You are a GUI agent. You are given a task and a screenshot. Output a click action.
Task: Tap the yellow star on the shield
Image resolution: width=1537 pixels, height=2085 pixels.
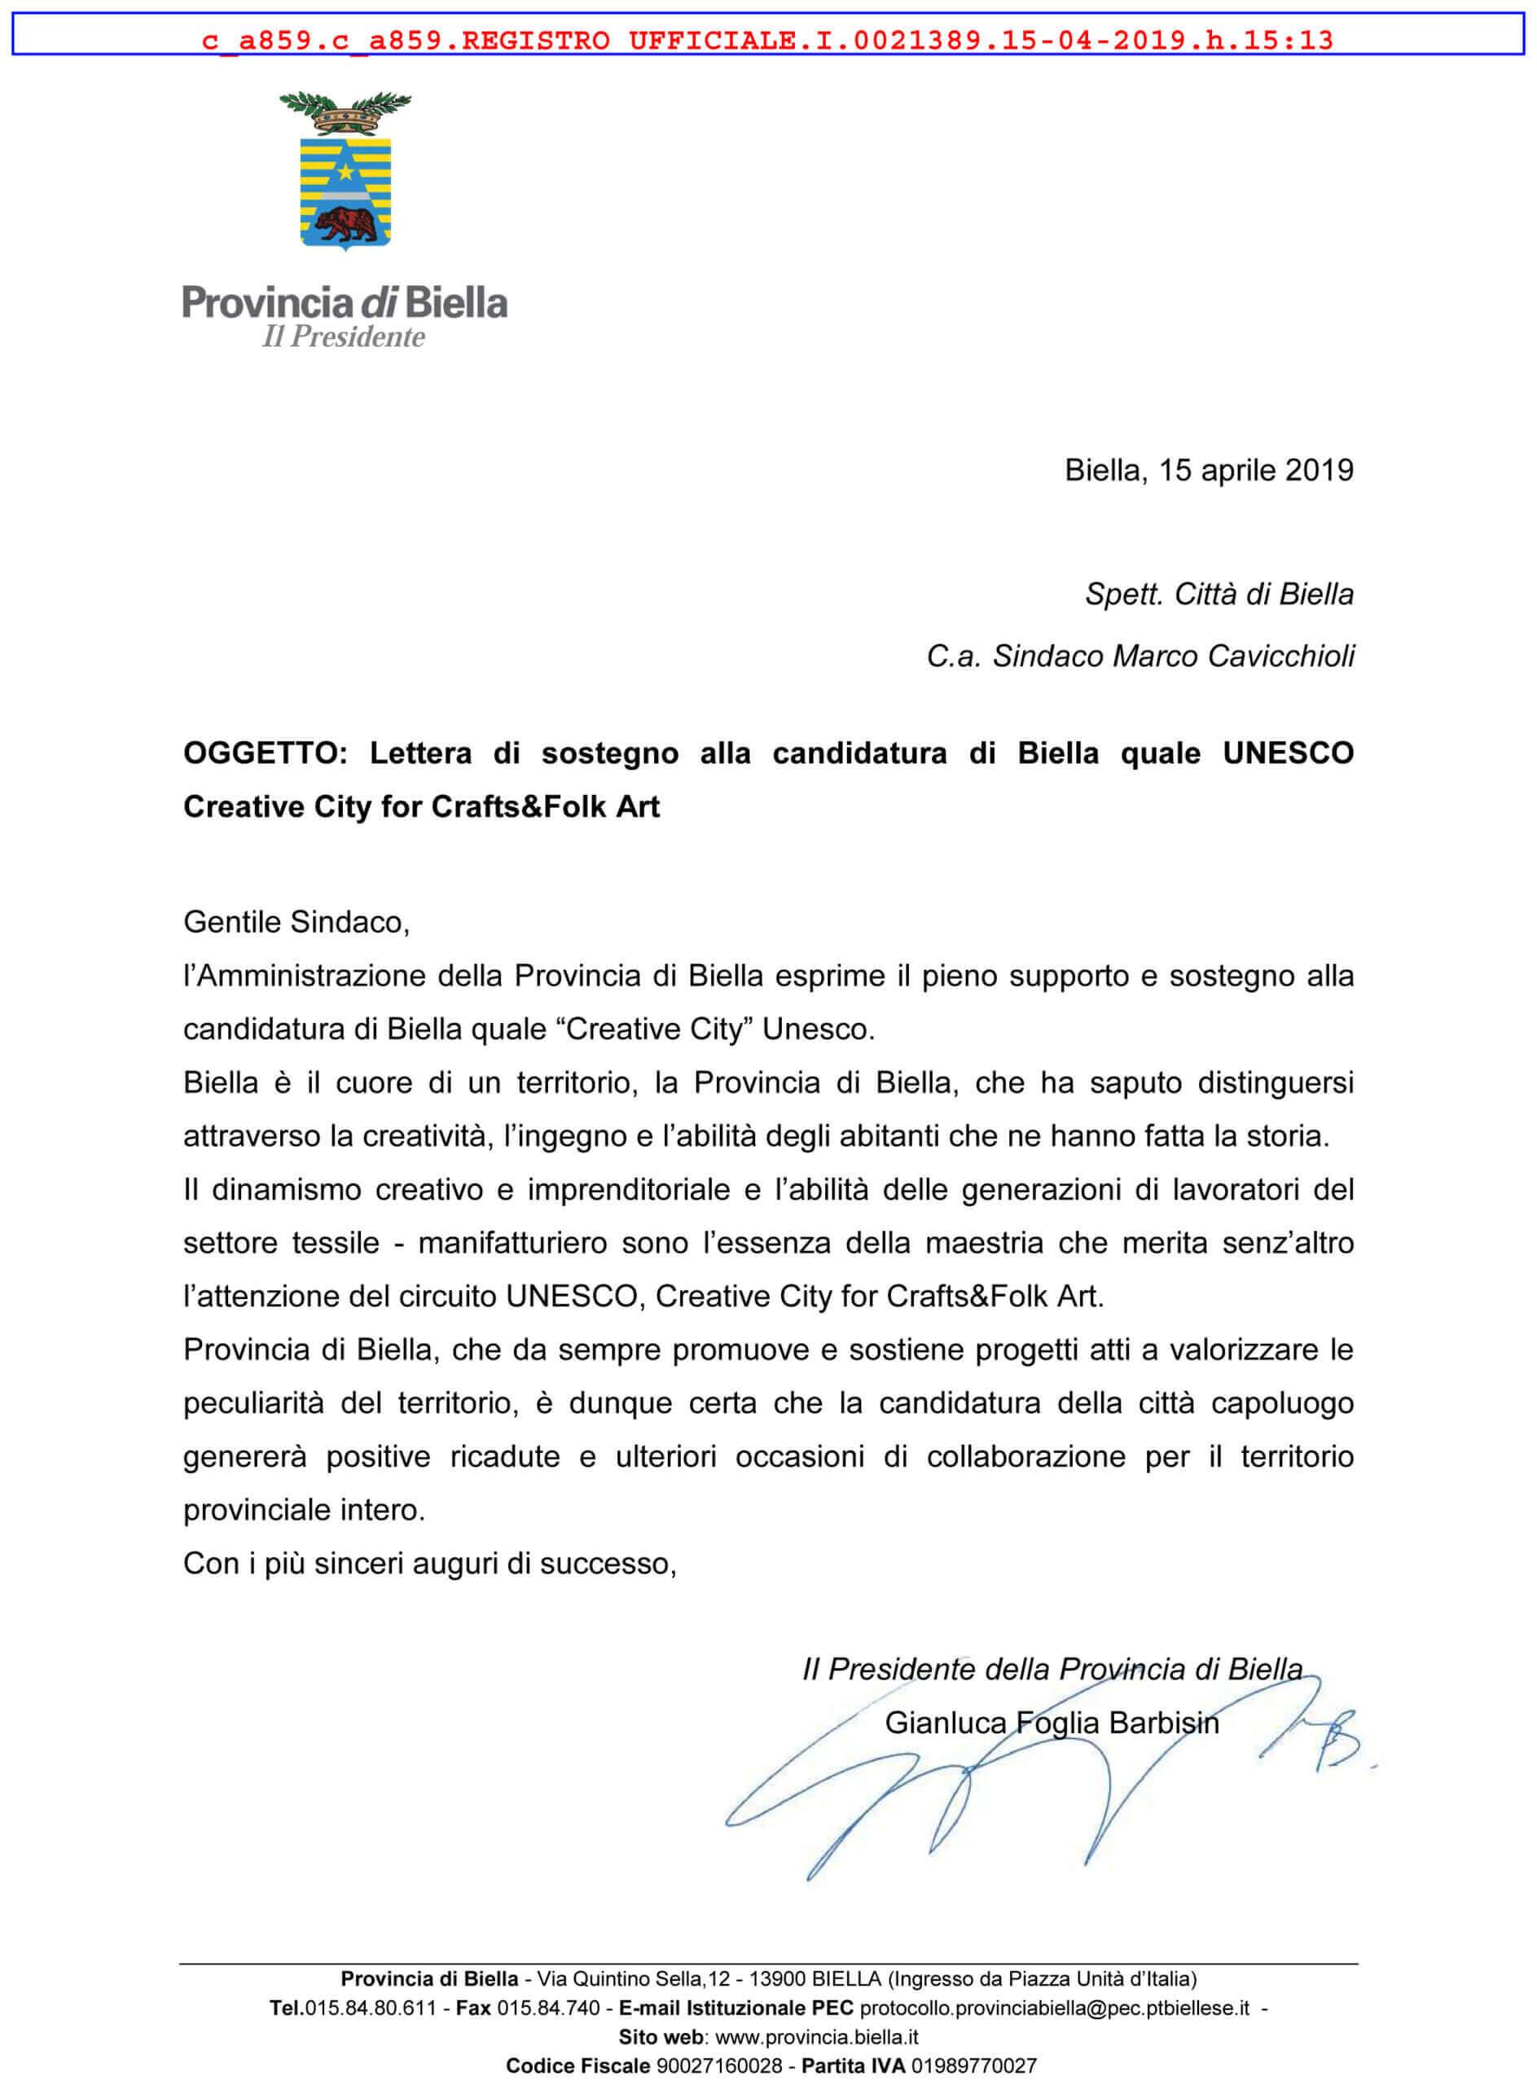(x=345, y=172)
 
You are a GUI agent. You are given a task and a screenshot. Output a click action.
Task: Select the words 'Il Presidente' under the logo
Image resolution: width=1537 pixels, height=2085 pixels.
(x=343, y=337)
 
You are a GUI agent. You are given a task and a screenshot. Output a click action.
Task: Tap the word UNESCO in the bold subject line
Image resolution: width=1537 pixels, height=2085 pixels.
(x=1288, y=753)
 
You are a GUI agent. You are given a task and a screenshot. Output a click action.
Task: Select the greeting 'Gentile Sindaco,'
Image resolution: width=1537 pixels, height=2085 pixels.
(x=296, y=922)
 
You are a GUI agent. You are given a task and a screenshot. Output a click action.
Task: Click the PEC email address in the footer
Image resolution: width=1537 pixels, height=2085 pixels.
(x=1054, y=2008)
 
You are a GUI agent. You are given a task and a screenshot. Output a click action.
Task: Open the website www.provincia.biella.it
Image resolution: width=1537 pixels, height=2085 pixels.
(x=816, y=2037)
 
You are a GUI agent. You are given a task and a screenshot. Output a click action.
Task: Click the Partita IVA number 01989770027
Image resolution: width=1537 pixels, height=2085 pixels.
(x=973, y=2066)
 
